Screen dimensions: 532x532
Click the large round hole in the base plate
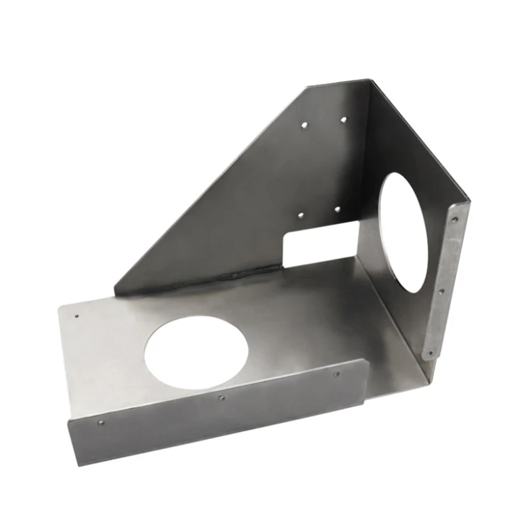196,352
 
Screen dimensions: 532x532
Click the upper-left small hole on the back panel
304,125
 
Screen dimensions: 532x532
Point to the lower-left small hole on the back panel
300,214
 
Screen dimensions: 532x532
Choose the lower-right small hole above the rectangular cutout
337,210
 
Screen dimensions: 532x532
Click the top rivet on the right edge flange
455,220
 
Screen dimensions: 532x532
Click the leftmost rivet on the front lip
100,423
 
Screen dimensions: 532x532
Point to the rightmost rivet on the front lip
336,374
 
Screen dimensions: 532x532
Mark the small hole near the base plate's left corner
77,316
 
